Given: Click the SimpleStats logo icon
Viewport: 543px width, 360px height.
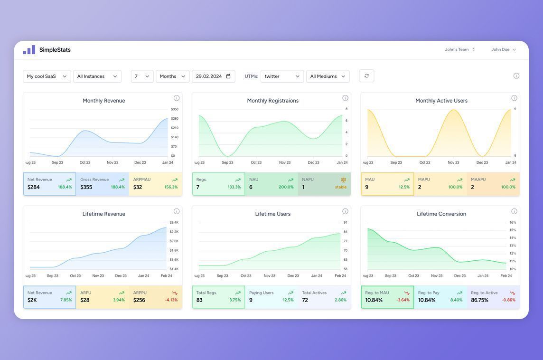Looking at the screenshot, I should (29, 50).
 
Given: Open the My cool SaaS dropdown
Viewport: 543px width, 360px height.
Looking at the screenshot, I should (47, 76).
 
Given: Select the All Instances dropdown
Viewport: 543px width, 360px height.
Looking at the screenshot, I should (97, 76).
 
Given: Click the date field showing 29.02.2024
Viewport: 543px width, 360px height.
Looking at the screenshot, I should (213, 76).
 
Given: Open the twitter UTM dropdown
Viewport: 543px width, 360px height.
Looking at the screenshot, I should (282, 76).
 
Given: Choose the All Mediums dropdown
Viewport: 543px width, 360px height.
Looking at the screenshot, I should (328, 76).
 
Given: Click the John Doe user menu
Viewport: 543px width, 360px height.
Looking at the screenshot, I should (504, 49).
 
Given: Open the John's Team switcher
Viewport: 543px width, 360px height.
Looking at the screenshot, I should (459, 49).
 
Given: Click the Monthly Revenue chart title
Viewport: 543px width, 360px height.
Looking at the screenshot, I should (104, 101).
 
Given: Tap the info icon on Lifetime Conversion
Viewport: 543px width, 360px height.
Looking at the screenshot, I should (514, 211).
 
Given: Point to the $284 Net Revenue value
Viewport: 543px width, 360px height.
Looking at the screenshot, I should (34, 187).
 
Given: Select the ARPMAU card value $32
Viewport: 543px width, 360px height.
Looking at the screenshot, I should (138, 187).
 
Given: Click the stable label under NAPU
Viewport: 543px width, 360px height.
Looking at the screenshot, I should (341, 187).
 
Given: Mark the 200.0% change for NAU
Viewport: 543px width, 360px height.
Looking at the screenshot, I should (286, 187).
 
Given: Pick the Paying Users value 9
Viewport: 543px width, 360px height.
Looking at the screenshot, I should (251, 300).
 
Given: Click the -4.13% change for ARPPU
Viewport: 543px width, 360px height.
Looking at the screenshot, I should (171, 300).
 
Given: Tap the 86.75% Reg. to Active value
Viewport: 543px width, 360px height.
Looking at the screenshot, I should (480, 300).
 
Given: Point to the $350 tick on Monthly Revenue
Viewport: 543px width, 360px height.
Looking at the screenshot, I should (175, 109).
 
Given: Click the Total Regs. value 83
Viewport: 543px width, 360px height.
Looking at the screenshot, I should (199, 300).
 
